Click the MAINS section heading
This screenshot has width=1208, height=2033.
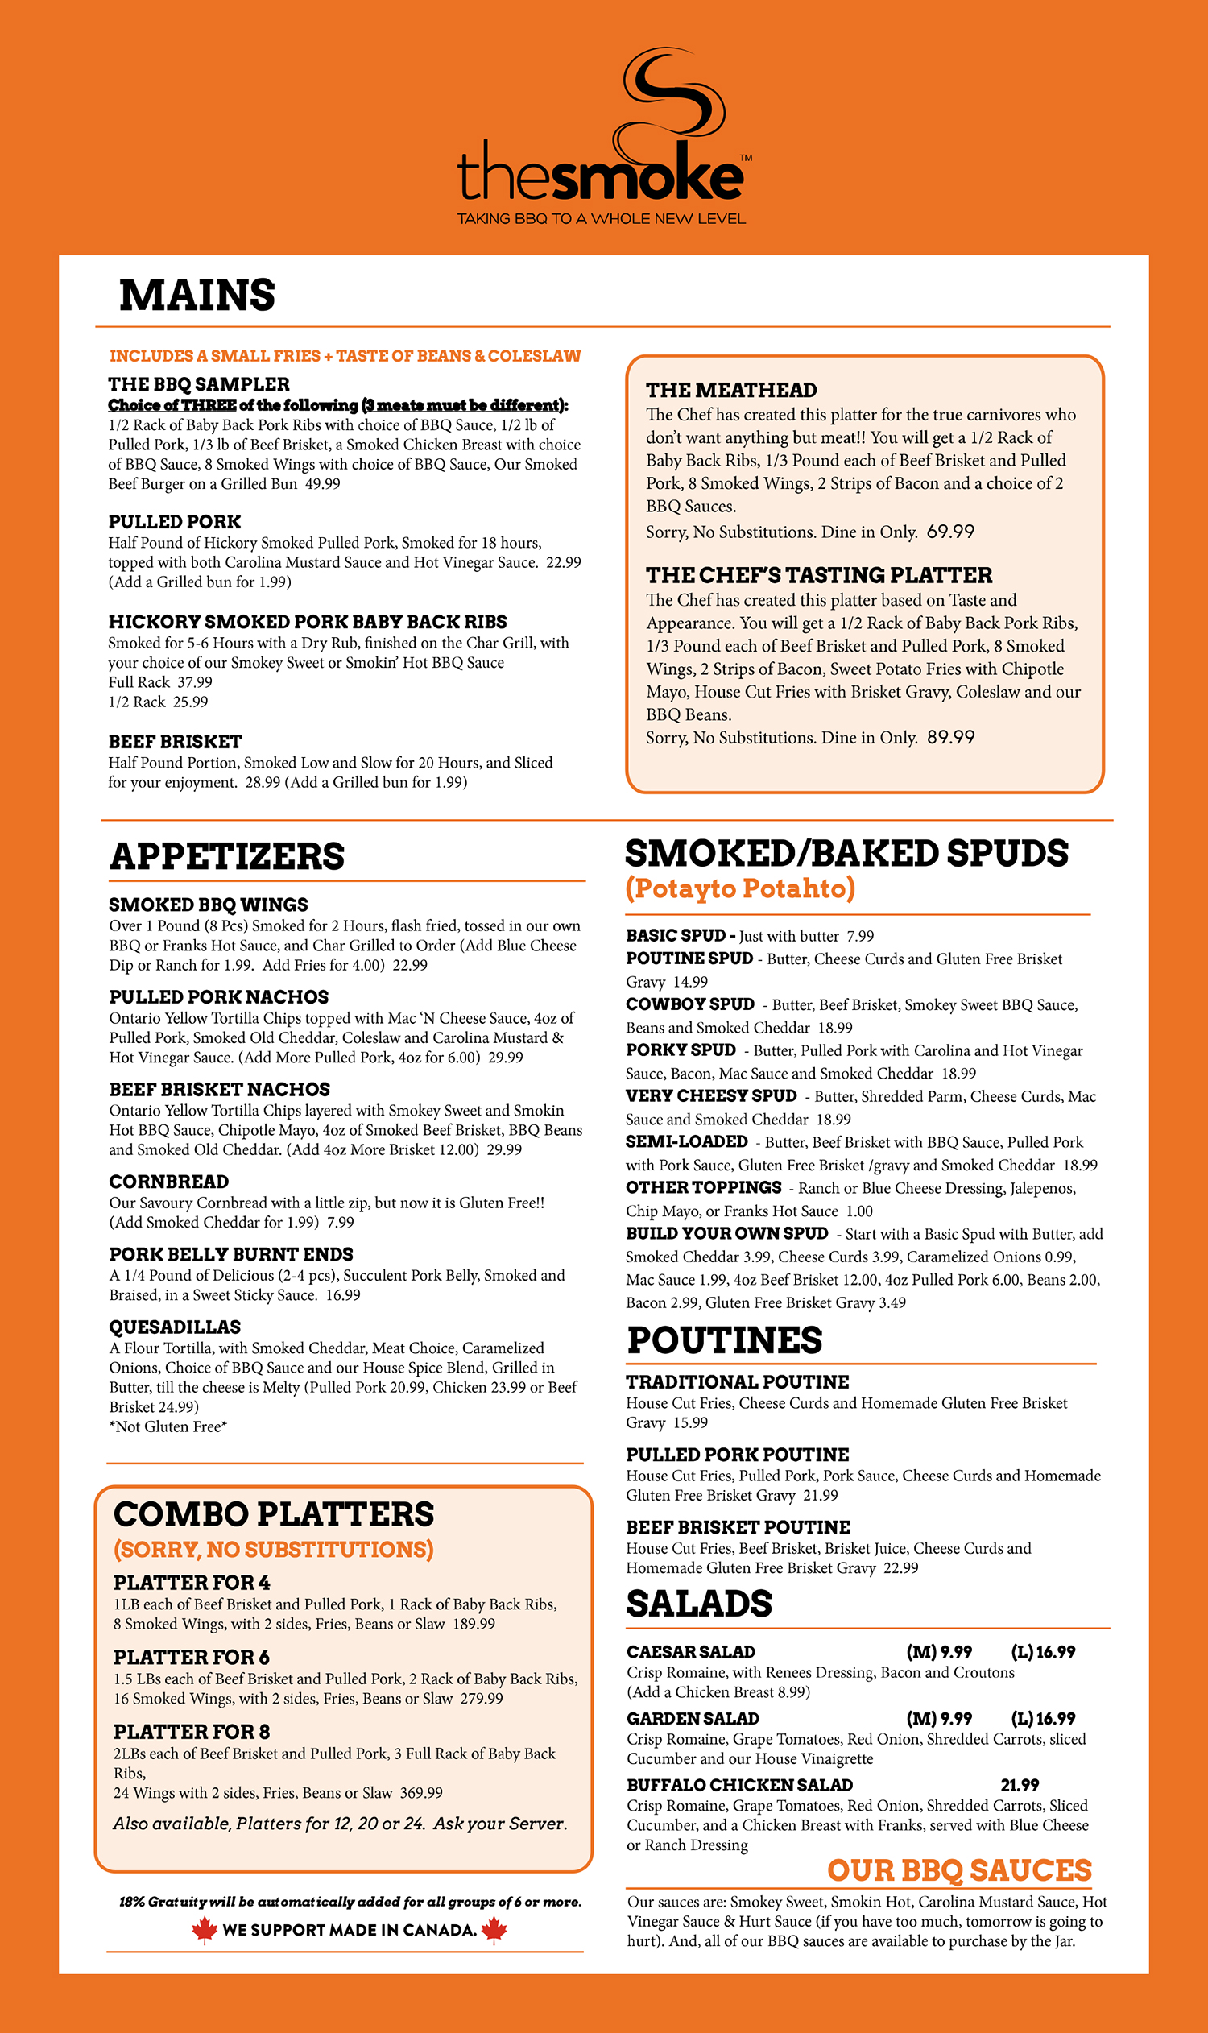197,295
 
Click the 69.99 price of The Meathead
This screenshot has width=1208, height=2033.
950,532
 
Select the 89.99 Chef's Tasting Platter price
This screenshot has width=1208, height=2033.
950,737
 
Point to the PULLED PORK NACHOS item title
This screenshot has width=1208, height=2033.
219,996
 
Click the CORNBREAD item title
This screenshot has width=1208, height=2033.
168,1182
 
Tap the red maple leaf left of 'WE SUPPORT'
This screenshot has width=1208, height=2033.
204,1930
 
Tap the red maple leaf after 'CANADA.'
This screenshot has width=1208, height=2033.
494,1930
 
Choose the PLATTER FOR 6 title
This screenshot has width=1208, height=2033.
192,1657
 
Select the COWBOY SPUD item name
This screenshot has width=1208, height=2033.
689,1004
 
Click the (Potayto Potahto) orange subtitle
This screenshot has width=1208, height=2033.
740,888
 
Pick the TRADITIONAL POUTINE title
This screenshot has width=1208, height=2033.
737,1381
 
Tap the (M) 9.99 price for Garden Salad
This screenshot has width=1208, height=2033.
938,1719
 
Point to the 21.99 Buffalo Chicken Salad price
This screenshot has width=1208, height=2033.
1019,1785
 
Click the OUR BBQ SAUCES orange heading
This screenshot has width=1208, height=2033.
959,1870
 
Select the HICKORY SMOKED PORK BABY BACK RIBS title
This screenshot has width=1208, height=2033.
308,622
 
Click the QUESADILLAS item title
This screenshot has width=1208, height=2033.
175,1327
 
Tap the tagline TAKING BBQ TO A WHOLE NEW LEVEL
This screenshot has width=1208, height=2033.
601,219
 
